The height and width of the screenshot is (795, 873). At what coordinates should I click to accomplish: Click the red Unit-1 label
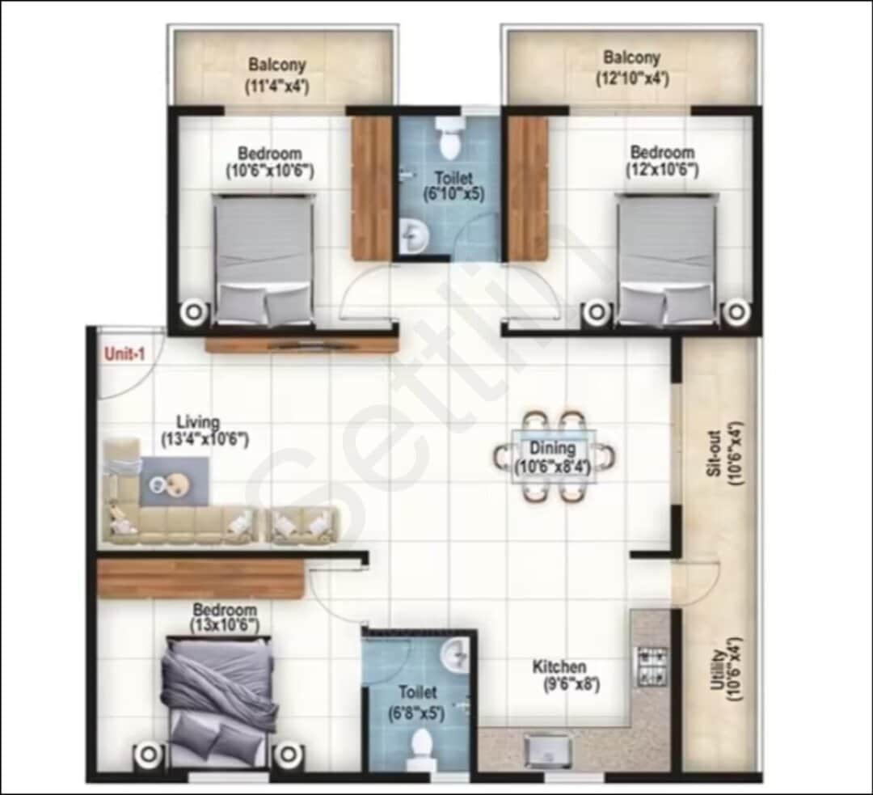click(124, 353)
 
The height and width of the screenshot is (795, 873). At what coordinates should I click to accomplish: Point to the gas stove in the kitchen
click(652, 665)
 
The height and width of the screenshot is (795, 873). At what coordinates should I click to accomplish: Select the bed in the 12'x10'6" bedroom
click(666, 259)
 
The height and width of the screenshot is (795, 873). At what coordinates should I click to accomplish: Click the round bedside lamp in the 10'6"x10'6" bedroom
click(194, 311)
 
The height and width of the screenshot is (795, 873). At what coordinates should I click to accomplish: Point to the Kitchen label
click(559, 667)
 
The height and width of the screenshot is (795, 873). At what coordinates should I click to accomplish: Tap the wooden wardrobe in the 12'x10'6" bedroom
click(527, 188)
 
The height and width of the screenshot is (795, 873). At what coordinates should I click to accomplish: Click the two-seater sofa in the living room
click(301, 525)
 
